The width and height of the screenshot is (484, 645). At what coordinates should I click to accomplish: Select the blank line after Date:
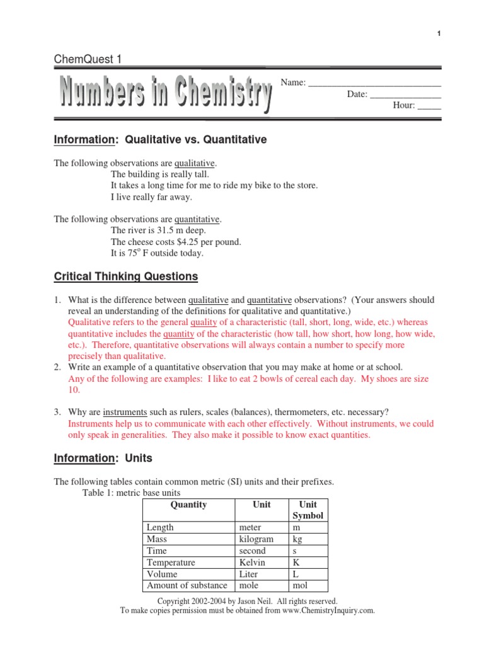point(405,94)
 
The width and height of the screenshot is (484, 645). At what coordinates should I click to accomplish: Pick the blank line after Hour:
point(429,105)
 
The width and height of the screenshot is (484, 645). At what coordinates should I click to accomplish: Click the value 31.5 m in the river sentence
point(174,231)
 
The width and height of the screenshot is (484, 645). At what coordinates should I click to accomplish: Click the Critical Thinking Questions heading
point(125,277)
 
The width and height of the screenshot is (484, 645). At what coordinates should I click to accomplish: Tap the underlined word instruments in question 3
point(125,413)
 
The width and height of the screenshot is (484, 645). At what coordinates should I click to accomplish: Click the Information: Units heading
point(103,459)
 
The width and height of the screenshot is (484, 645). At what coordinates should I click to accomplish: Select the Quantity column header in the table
point(188,505)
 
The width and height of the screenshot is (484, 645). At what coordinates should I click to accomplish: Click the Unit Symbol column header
point(308,510)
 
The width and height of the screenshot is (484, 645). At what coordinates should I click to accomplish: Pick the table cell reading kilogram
point(256,539)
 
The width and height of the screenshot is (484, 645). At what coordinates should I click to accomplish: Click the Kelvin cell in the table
point(252,562)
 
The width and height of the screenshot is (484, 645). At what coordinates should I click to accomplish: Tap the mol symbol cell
point(301,585)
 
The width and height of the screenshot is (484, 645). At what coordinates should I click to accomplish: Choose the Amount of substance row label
point(187,585)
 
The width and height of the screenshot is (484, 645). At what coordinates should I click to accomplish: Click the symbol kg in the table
point(297,539)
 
